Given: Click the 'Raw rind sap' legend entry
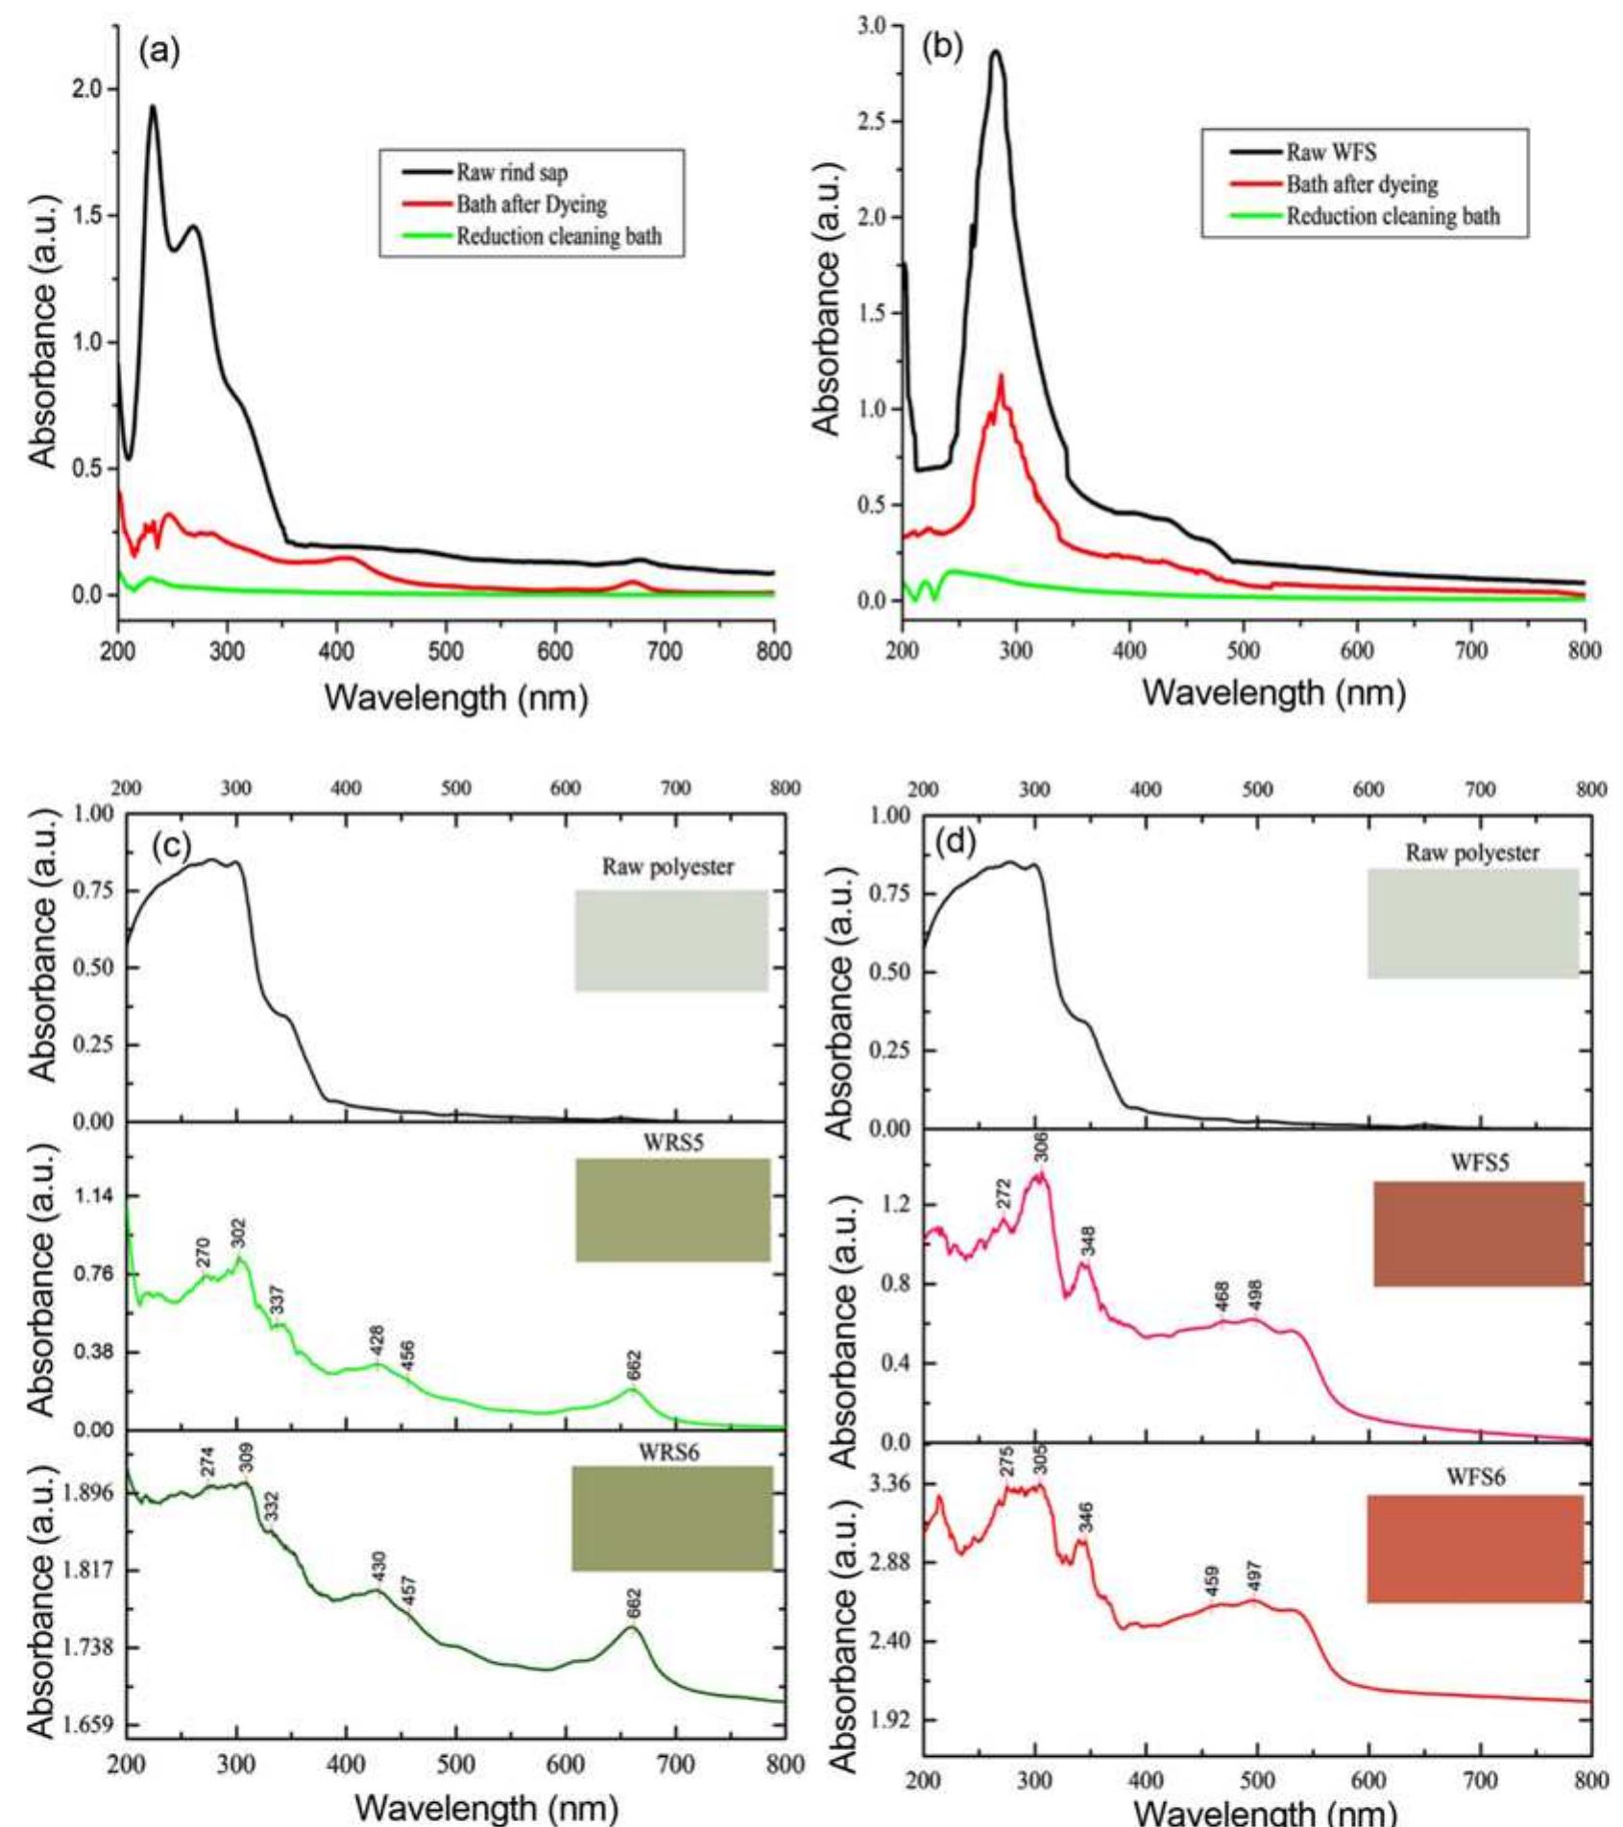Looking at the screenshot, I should coord(511,173).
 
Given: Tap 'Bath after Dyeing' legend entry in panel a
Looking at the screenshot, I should coord(531,204).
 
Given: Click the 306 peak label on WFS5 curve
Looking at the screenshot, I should coord(1042,1146).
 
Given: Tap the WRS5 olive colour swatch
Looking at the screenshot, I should coord(672,1210).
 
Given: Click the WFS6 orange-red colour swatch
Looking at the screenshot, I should coord(1474,1548).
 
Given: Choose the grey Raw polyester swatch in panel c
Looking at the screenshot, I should coord(671,940).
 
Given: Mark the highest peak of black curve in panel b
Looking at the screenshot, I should coord(996,51).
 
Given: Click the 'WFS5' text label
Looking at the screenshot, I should coord(1479,1163).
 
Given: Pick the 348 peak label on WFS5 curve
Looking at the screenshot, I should coord(1087,1241).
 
